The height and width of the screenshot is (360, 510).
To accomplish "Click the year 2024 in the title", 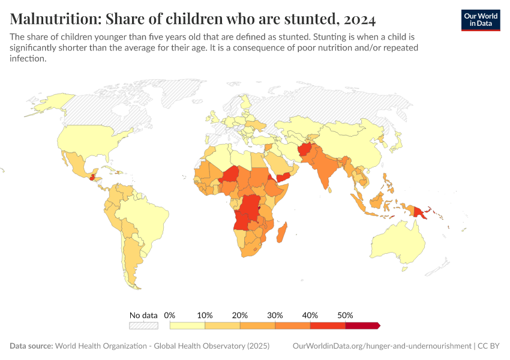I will (361, 19).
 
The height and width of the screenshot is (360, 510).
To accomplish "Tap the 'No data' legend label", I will (143, 315).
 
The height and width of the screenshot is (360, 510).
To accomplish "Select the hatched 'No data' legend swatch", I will (143, 325).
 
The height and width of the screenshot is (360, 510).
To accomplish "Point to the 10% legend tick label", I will (205, 315).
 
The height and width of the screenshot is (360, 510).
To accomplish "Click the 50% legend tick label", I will (345, 315).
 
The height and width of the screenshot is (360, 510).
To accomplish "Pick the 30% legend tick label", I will (275, 315).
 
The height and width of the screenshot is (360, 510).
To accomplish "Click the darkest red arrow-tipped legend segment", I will (362, 325).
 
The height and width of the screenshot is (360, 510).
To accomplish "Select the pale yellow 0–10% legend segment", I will (187, 325).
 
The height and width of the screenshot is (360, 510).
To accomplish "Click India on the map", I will (326, 171).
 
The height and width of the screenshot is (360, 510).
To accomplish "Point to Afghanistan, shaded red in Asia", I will (307, 151).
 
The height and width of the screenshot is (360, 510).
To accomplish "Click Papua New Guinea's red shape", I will (419, 211).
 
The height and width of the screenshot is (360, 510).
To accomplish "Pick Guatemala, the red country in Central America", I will (91, 177).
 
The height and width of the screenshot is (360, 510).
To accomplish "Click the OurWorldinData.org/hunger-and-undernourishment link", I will (382, 346).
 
